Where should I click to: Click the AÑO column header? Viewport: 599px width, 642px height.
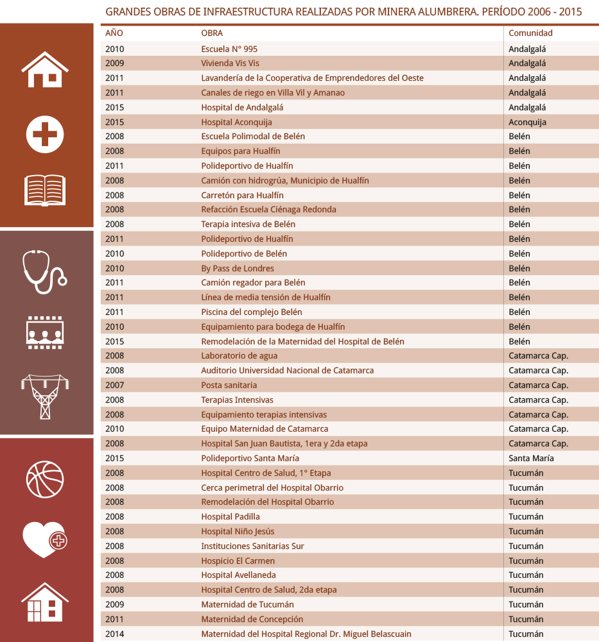[x=114, y=33]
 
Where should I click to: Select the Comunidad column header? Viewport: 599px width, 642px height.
[x=530, y=33]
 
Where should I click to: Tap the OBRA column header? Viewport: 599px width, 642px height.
[x=212, y=33]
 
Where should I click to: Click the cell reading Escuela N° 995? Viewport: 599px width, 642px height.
[x=229, y=49]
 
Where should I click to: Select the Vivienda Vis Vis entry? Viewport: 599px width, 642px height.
[x=230, y=63]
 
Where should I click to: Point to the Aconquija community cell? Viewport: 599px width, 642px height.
[x=527, y=122]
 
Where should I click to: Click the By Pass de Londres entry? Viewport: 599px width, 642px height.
[x=238, y=269]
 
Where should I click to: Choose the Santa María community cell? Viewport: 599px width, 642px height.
[x=531, y=459]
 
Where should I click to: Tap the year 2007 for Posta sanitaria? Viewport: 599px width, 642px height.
[x=114, y=385]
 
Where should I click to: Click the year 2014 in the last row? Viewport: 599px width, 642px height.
[x=114, y=634]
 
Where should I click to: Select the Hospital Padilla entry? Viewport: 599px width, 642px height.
[x=230, y=517]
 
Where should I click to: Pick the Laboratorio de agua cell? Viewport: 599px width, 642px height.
[x=239, y=356]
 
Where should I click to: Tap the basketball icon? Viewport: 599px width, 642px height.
[x=45, y=480]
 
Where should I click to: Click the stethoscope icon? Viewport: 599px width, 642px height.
[x=44, y=272]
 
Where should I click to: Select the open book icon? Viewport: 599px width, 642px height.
[x=45, y=190]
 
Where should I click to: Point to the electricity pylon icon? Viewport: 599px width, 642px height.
[x=45, y=397]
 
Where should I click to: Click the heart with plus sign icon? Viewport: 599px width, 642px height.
[x=44, y=539]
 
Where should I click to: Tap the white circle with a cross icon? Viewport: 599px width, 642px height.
[x=45, y=134]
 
